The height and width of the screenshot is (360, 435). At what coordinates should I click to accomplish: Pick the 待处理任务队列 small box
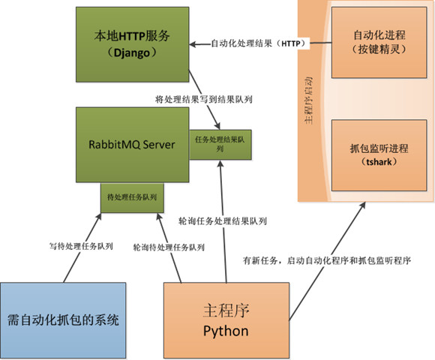[x=132, y=197]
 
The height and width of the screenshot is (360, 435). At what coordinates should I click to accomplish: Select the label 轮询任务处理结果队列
[x=221, y=222]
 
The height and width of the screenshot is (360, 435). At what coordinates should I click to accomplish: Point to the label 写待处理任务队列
[x=81, y=246]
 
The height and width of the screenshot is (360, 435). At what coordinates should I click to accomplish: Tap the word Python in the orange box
[x=226, y=330]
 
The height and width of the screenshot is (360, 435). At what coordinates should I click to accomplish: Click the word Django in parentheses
[x=132, y=54]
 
